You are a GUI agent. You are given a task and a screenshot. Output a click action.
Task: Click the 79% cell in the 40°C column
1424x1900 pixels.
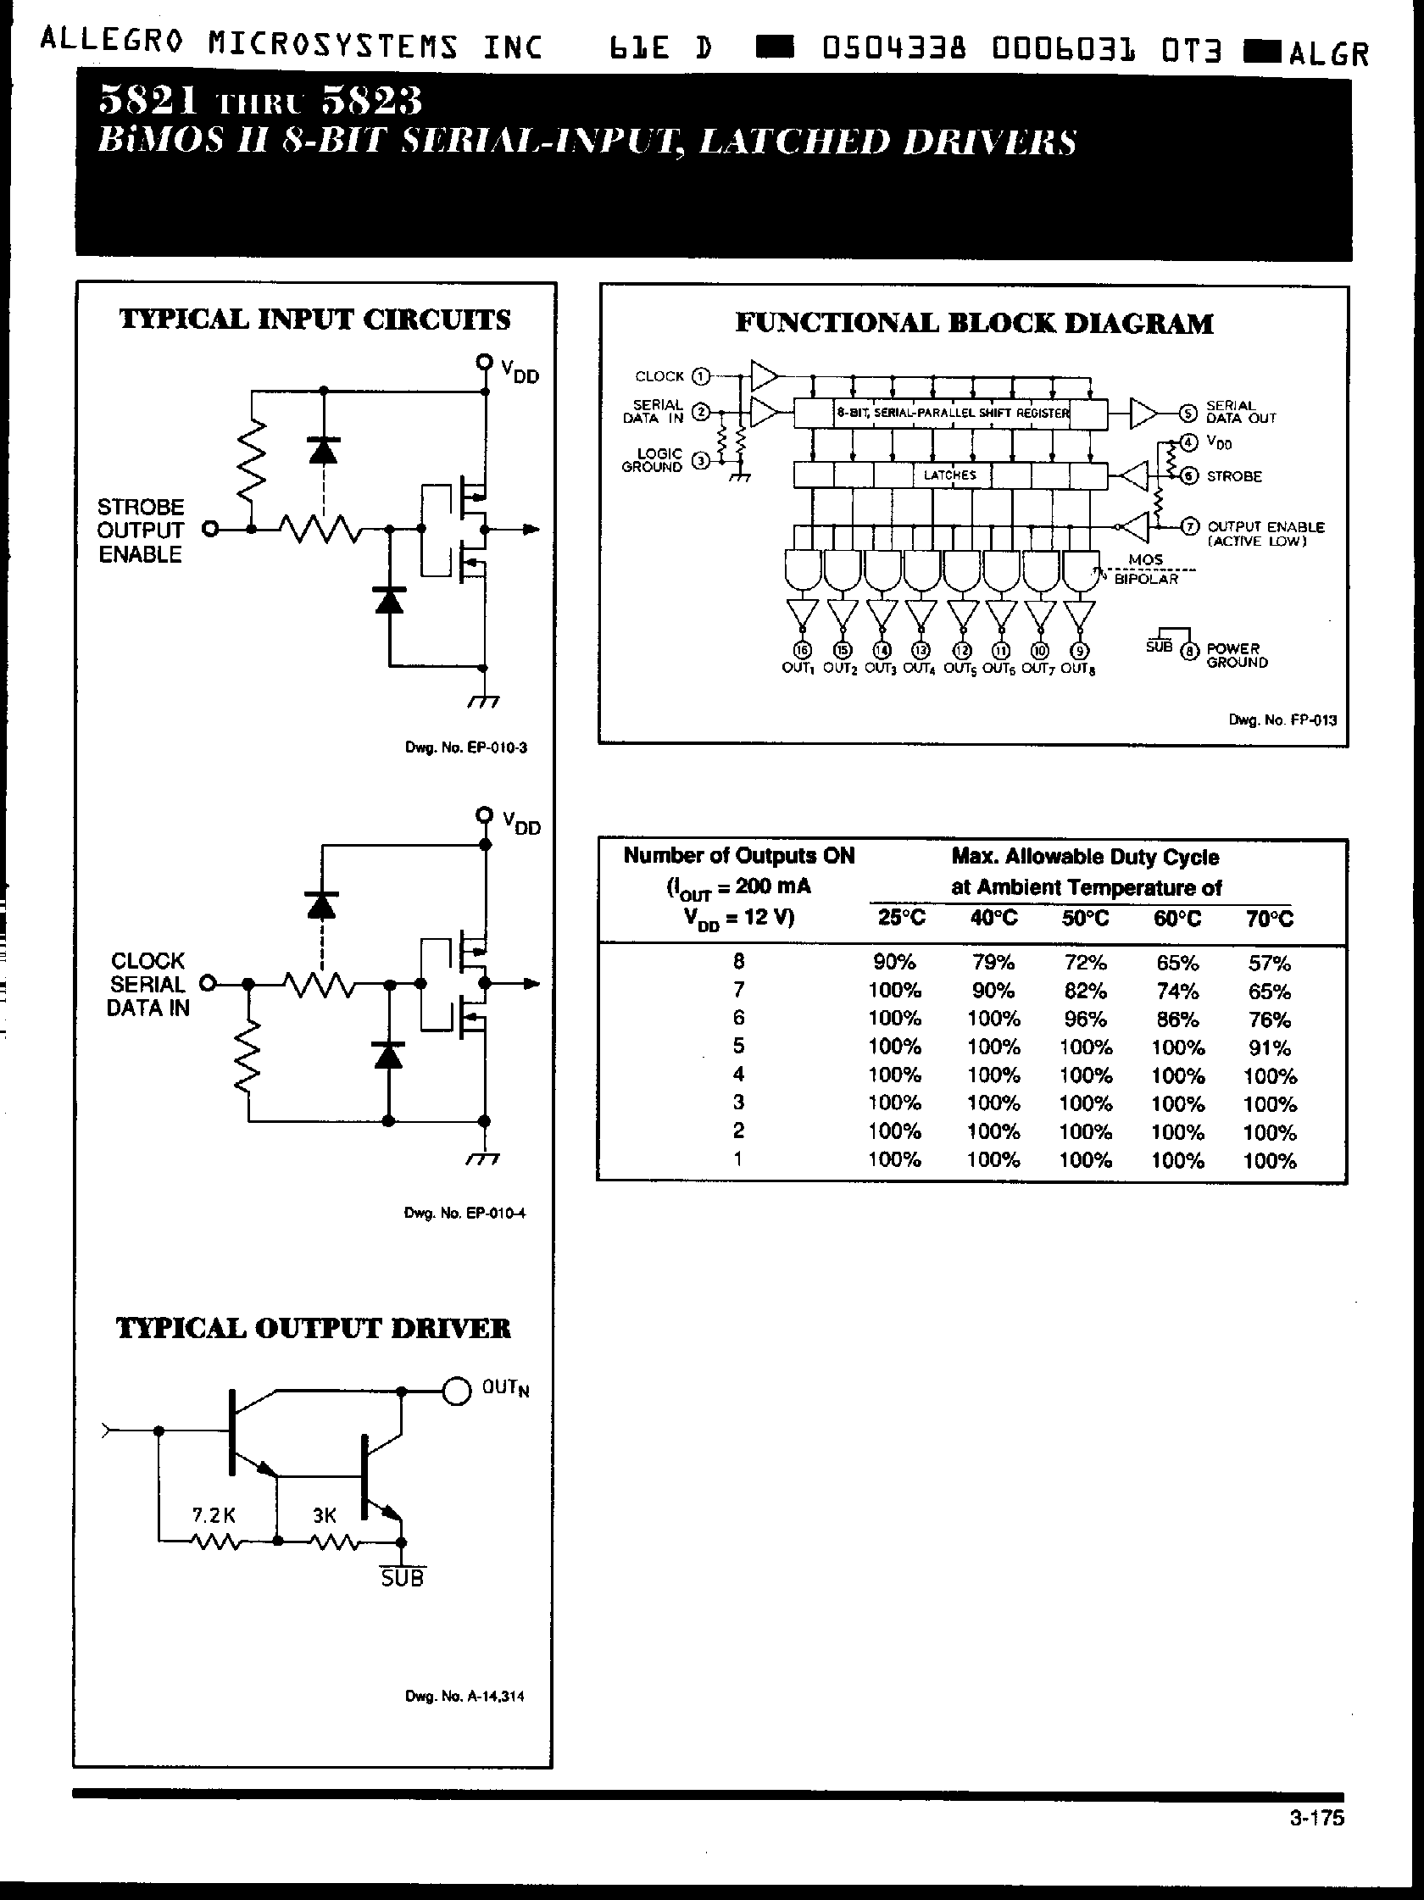993,962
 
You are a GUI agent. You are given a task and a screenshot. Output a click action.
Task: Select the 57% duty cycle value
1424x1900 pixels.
1269,963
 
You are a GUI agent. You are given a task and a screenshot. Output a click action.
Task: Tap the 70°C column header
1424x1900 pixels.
1269,918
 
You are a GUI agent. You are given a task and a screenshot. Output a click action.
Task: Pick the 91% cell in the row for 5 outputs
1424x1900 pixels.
1269,1047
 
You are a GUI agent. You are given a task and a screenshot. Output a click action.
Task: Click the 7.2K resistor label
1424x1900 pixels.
214,1515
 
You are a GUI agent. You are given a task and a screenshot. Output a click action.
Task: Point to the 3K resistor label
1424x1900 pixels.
324,1515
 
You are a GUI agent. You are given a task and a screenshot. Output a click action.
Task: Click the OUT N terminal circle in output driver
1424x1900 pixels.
456,1390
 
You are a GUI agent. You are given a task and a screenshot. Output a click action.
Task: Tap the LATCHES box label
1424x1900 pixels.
950,475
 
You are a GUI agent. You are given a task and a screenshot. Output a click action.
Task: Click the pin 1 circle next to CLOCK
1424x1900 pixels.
702,376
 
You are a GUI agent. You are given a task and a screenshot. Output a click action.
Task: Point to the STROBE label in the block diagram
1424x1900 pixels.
1233,476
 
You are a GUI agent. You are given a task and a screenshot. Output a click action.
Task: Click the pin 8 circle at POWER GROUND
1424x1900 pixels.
1188,651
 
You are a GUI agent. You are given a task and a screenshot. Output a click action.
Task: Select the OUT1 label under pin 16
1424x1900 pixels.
796,669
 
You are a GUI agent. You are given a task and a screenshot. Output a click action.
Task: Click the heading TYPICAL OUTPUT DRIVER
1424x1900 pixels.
314,1328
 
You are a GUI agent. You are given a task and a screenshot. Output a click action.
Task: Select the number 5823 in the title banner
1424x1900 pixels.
371,103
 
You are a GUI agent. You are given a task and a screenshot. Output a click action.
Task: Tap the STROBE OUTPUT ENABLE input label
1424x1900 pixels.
140,530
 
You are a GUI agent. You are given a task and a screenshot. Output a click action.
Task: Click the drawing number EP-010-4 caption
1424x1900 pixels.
464,1213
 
